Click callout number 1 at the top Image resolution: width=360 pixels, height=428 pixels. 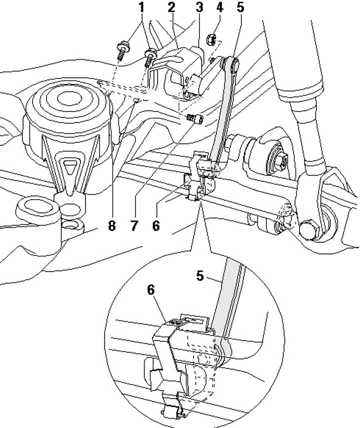pos(141,7)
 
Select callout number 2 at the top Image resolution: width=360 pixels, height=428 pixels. pos(171,7)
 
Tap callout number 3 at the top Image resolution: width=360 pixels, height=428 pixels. pos(199,7)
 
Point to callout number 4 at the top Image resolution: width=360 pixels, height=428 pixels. pos(219,7)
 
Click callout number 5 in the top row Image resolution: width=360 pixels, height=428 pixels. pos(240,7)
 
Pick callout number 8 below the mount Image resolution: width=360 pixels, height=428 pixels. pos(111,226)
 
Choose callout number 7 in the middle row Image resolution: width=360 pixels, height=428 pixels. pos(133,226)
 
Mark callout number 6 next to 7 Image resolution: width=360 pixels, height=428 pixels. pos(156,226)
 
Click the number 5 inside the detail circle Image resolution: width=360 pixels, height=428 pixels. pos(200,276)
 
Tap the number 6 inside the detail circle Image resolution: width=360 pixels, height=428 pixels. pos(151,290)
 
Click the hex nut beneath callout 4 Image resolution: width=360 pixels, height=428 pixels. pos(212,39)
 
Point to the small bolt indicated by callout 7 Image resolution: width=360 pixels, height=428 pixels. pos(195,119)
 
